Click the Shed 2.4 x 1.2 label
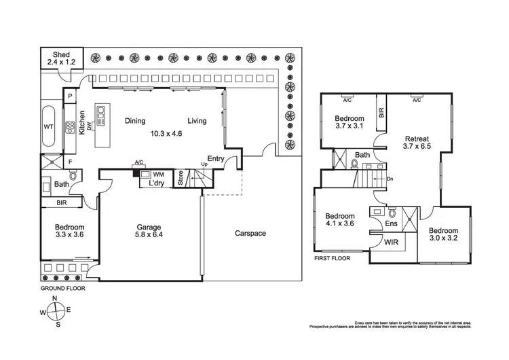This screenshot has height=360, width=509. pos(62,57)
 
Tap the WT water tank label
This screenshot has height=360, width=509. pos(49,127)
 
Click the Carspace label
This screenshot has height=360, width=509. pos(250,234)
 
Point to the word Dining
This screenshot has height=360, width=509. pos(135,122)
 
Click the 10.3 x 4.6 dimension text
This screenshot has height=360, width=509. pos(166,133)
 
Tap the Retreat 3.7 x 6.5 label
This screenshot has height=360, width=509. pos(416,143)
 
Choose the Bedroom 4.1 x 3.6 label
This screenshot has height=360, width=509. pos(340,221)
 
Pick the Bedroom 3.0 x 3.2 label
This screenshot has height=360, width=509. pos(444,235)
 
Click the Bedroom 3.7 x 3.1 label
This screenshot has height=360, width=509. pos(350,122)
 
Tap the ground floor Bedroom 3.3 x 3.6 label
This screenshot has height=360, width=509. pos(69,232)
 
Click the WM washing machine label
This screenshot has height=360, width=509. pos(158,175)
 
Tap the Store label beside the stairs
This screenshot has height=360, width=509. pos(181,179)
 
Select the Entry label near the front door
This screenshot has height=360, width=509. pos(216,159)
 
